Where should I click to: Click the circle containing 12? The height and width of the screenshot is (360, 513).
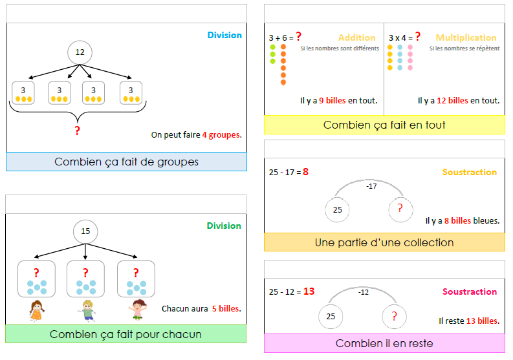click(x=80, y=52)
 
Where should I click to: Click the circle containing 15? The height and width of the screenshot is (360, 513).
click(x=85, y=231)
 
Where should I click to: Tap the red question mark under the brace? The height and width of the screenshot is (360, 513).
click(x=78, y=131)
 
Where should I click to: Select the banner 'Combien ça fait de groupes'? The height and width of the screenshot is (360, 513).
click(x=126, y=162)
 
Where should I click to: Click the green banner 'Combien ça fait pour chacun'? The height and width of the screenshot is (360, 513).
click(x=126, y=334)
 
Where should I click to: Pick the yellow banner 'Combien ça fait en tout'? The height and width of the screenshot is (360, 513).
click(x=384, y=125)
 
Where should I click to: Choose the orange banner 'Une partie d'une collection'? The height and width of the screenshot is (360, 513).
click(x=384, y=242)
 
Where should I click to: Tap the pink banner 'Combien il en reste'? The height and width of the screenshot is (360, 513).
click(x=384, y=343)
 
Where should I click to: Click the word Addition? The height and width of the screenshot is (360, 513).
click(x=356, y=37)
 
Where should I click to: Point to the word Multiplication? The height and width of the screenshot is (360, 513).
click(x=466, y=37)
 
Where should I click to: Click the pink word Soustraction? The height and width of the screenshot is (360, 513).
click(x=470, y=291)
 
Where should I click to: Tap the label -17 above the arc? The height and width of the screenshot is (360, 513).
click(x=371, y=186)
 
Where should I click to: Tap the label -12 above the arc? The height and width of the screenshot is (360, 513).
click(x=364, y=292)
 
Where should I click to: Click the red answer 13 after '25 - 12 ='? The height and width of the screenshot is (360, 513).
click(x=309, y=291)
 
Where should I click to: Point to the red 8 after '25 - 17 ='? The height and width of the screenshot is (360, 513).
click(x=305, y=172)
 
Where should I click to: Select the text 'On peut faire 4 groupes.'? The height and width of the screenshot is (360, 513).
click(x=196, y=135)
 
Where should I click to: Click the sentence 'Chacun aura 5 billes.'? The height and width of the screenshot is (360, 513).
click(x=201, y=308)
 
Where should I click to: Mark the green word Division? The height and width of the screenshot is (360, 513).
click(x=224, y=226)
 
